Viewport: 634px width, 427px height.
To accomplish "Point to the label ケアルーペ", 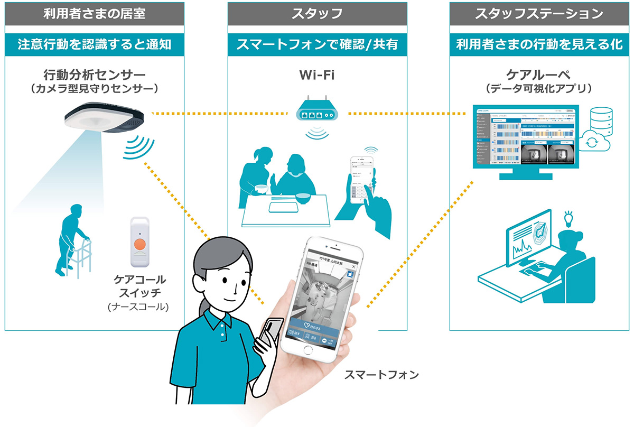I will [539, 74].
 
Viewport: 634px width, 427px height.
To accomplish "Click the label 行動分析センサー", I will [95, 74].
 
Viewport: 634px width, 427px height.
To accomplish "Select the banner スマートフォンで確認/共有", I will [318, 45].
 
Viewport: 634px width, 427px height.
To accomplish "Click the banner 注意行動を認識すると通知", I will [95, 45].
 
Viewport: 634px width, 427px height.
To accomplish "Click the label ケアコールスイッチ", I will [139, 285].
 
